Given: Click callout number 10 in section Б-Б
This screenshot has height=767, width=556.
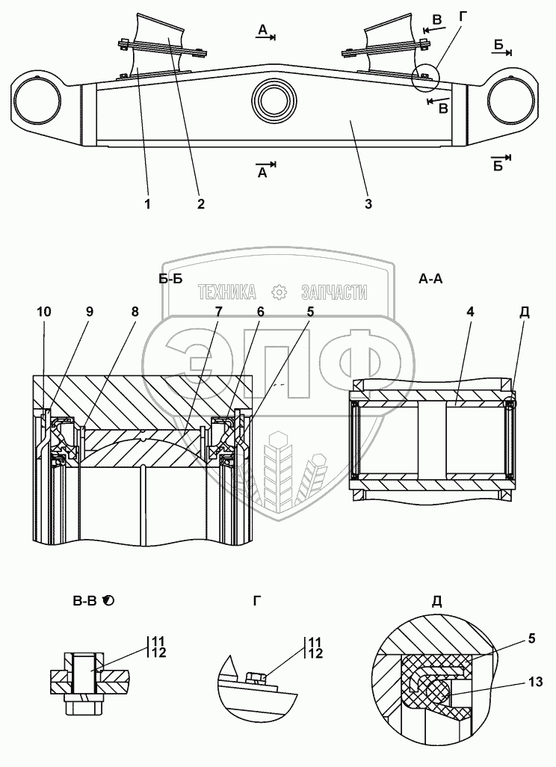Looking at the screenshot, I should click(43, 312).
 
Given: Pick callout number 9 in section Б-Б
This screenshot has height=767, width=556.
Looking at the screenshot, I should click(89, 312).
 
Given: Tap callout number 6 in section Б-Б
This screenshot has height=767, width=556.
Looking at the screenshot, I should click(260, 312).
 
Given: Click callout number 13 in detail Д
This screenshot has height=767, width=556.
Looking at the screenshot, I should click(534, 682).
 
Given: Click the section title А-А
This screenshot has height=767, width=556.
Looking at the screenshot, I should click(431, 280).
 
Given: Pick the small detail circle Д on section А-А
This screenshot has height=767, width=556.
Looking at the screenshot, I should click(511, 404).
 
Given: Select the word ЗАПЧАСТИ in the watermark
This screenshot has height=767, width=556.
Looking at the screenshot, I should click(333, 292).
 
